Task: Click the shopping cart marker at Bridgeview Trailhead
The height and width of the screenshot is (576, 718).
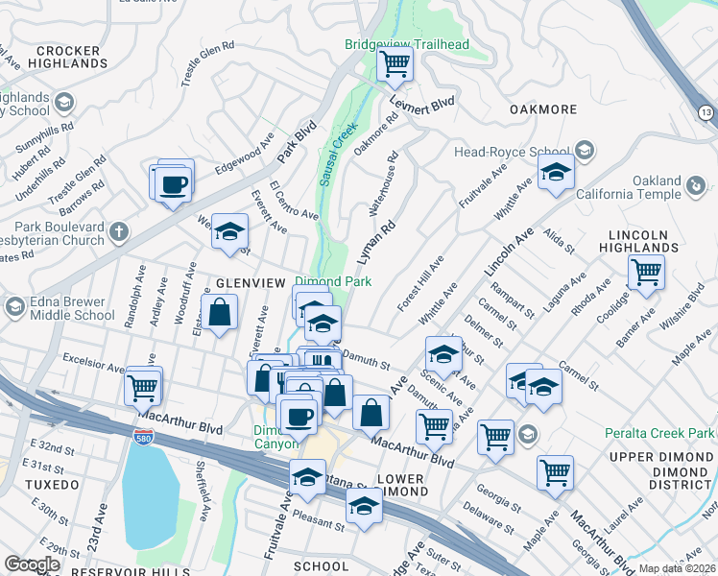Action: (395, 65)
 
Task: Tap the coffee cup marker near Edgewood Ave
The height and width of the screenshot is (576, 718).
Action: (174, 184)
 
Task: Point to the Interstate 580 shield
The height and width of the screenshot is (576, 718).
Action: (141, 437)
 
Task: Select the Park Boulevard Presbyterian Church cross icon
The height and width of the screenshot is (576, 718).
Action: (118, 231)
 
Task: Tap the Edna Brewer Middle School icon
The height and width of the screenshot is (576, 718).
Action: (14, 307)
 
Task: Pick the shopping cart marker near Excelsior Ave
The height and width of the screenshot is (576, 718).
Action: (142, 388)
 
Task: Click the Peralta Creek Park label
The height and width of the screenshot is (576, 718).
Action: (660, 434)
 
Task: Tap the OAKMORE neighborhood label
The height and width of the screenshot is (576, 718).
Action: (542, 109)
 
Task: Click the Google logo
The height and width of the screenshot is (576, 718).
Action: (32, 564)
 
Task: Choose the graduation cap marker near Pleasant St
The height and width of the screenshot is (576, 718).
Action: (364, 506)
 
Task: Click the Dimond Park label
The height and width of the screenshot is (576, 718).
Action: (332, 282)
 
